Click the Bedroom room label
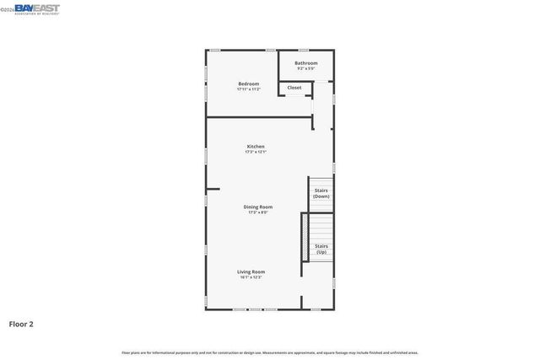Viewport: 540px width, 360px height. pyautogui.click(x=248, y=83)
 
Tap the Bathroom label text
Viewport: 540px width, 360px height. pyautogui.click(x=306, y=63)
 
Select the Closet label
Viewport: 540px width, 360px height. pyautogui.click(x=294, y=88)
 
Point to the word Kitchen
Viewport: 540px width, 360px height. pyautogui.click(x=256, y=147)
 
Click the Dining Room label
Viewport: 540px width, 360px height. pyautogui.click(x=258, y=207)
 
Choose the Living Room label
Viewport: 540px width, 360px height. pyautogui.click(x=251, y=271)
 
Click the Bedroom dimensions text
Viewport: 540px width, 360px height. pyautogui.click(x=248, y=89)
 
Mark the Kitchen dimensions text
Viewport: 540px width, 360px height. pyautogui.click(x=256, y=153)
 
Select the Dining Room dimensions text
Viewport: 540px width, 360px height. pyautogui.click(x=258, y=212)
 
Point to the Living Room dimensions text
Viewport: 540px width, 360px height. pyautogui.click(x=251, y=277)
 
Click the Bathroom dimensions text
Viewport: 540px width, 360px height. pyautogui.click(x=306, y=68)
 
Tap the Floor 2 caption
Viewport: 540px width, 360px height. pyautogui.click(x=21, y=323)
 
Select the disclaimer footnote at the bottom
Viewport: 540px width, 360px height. pyautogui.click(x=270, y=352)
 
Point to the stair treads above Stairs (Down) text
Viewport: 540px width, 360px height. pyautogui.click(x=321, y=182)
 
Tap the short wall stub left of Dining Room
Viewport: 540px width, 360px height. pyautogui.click(x=213, y=189)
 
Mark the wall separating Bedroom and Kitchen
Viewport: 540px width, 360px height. pyautogui.click(x=257, y=117)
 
